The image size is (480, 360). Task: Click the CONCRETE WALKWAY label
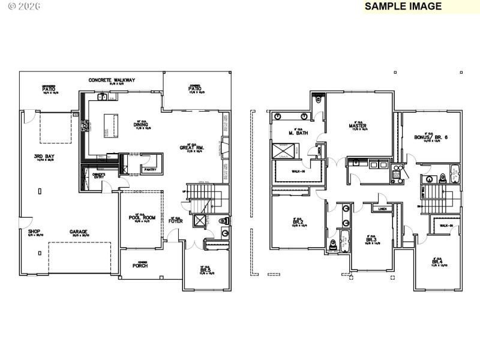(x=112, y=80)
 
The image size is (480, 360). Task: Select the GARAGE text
(x=78, y=232)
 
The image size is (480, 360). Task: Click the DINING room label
(x=142, y=124)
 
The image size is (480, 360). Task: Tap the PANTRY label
(x=150, y=170)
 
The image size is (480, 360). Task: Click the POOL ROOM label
(x=142, y=218)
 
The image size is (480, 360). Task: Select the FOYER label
(x=175, y=221)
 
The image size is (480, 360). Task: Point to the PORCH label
(x=140, y=265)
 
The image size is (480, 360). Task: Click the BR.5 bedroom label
(x=205, y=270)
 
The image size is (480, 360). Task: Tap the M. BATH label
(x=298, y=133)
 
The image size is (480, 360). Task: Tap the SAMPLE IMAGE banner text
(x=403, y=7)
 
